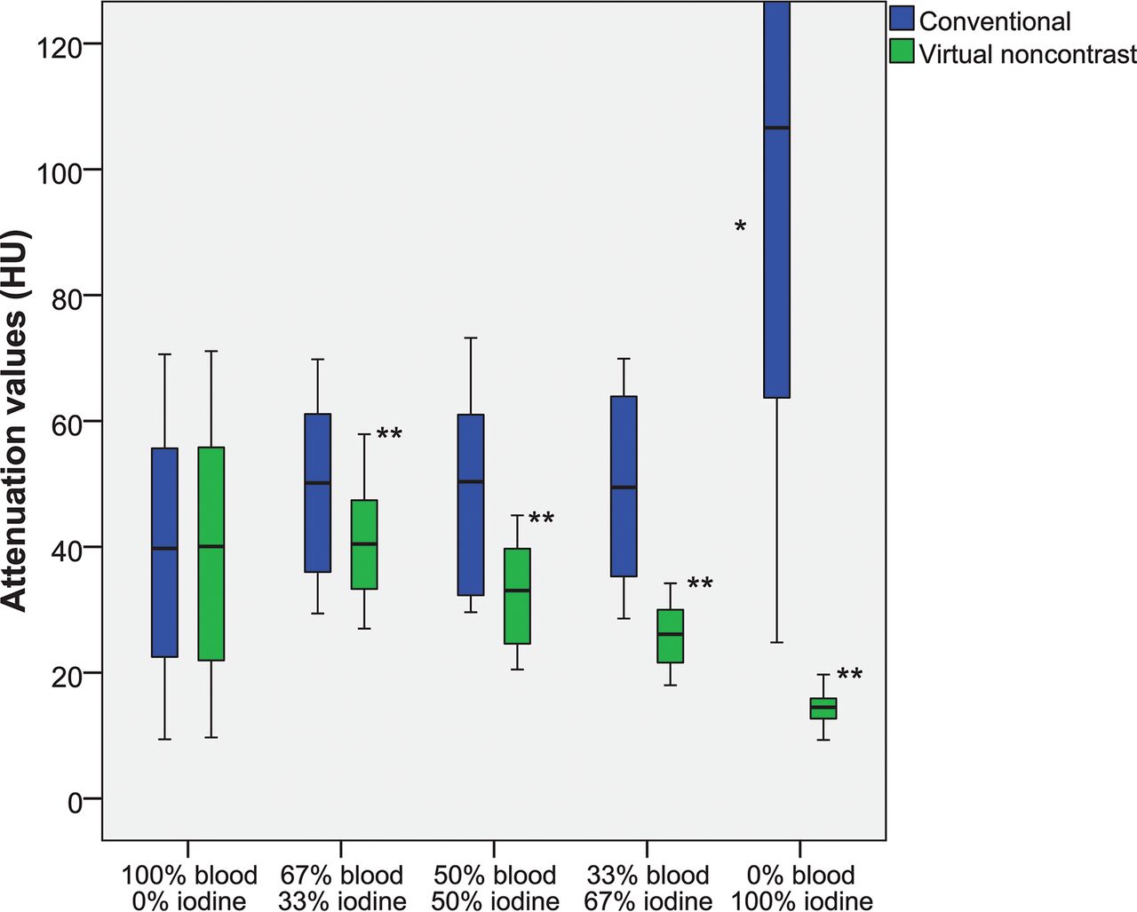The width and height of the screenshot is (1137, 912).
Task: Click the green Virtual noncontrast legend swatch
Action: (x=902, y=52)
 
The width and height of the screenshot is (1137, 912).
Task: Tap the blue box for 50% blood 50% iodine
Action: (x=471, y=504)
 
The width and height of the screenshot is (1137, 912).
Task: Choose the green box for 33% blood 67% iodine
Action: (x=670, y=636)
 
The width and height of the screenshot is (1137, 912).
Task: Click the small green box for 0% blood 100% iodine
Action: (x=823, y=708)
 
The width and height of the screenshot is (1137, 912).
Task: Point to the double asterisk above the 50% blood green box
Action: (x=541, y=519)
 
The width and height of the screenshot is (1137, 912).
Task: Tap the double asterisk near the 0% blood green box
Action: (x=849, y=675)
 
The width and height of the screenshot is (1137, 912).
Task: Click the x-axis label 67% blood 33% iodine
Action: (x=342, y=888)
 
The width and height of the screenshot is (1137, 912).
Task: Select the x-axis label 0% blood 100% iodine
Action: (x=801, y=888)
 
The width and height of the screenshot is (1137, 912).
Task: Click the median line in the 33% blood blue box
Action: (x=624, y=488)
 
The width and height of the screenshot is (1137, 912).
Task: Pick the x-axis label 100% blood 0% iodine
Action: (x=189, y=888)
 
